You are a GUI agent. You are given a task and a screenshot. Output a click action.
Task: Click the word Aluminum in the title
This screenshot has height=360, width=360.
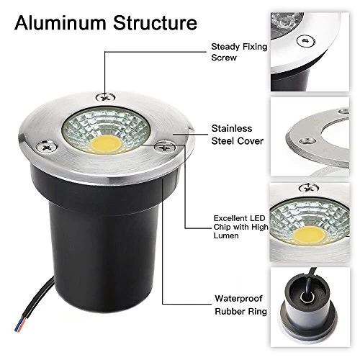(x=60, y=23)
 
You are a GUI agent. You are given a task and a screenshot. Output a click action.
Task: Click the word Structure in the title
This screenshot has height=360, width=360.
(x=155, y=23)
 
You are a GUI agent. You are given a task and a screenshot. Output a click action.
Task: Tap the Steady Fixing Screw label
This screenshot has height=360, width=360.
(x=239, y=52)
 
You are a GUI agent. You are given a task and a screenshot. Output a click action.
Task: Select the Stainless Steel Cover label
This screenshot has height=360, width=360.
(x=238, y=135)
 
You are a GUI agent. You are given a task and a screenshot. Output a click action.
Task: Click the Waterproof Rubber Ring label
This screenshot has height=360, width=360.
(x=240, y=305)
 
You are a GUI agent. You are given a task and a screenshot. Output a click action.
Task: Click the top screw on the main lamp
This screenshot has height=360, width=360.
(x=105, y=97)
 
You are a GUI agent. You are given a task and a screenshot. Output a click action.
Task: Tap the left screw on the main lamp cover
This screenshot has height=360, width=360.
(x=46, y=146)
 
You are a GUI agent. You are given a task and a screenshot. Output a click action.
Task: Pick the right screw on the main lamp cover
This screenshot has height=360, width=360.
(x=165, y=147)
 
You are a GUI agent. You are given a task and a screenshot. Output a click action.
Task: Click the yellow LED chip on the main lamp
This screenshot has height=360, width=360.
(x=105, y=145)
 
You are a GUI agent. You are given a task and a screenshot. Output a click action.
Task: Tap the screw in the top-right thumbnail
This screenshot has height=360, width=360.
(x=306, y=41)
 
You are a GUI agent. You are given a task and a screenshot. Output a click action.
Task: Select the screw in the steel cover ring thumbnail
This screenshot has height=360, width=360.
(x=308, y=141)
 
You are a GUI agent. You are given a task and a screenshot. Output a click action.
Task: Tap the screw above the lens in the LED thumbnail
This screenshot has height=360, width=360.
(x=309, y=188)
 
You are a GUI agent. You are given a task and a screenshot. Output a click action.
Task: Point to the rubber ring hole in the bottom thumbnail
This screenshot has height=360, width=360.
(x=307, y=298)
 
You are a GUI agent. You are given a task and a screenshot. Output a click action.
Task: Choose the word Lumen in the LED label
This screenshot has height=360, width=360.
(x=226, y=235)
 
